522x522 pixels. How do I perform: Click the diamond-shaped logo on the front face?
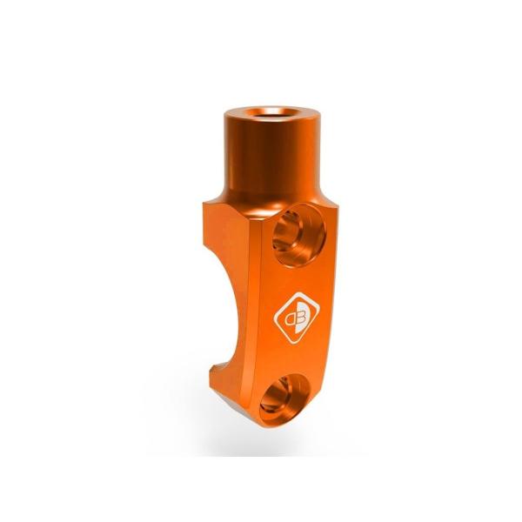297,318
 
